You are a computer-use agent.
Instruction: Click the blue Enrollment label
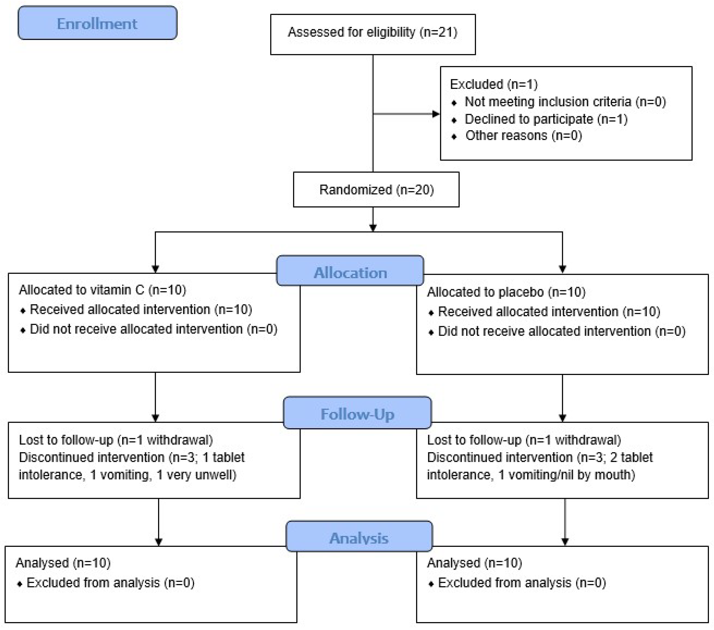97,23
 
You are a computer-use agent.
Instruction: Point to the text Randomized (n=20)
376,190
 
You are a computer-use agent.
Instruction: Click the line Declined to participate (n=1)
546,119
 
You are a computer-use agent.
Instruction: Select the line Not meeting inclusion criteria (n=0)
565,102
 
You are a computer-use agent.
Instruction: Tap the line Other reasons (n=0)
523,136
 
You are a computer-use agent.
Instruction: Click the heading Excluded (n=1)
494,84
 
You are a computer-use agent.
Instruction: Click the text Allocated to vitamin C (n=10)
102,290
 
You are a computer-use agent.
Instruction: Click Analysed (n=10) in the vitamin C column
63,563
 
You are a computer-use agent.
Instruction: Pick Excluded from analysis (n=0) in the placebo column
522,582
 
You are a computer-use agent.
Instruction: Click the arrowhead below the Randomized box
373,228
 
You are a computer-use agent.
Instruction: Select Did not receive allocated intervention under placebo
561,331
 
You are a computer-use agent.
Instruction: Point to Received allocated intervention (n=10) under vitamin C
141,309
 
